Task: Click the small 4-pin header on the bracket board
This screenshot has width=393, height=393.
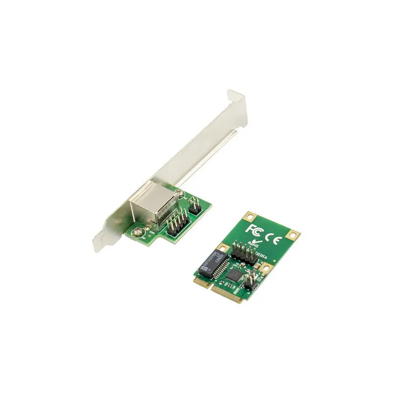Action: point(194,205)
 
